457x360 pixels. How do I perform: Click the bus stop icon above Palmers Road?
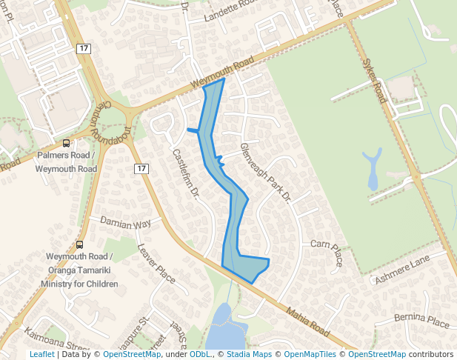click(x=67, y=144)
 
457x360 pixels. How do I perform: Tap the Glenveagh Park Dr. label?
click(x=268, y=173)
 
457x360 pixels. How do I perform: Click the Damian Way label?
click(x=126, y=223)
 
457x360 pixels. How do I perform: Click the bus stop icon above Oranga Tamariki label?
click(x=80, y=245)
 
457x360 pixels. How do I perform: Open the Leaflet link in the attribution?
click(x=41, y=355)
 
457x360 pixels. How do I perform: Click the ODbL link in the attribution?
click(x=199, y=355)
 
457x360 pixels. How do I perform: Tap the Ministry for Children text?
click(x=79, y=284)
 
